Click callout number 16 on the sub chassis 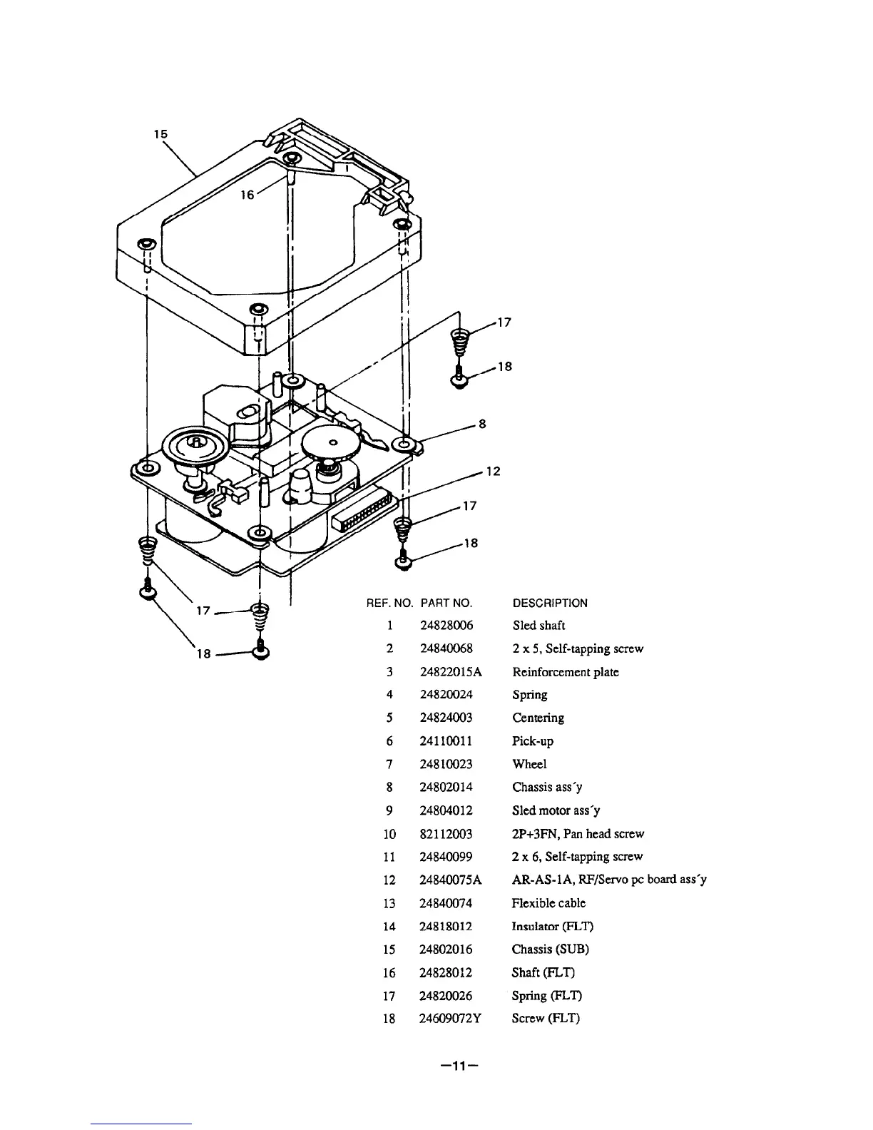(x=247, y=195)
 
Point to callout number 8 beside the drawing (x=482, y=424)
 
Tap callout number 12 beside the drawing (x=494, y=472)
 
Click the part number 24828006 (x=446, y=626)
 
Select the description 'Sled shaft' (x=538, y=626)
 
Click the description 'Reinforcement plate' (x=566, y=672)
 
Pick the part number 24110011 (x=446, y=741)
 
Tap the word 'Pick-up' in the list (x=533, y=741)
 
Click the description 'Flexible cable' (x=549, y=903)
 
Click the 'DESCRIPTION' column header (x=551, y=604)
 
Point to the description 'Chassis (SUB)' (x=551, y=950)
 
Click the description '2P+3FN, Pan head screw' (x=578, y=834)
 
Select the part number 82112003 (x=446, y=834)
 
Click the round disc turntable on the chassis (x=193, y=447)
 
